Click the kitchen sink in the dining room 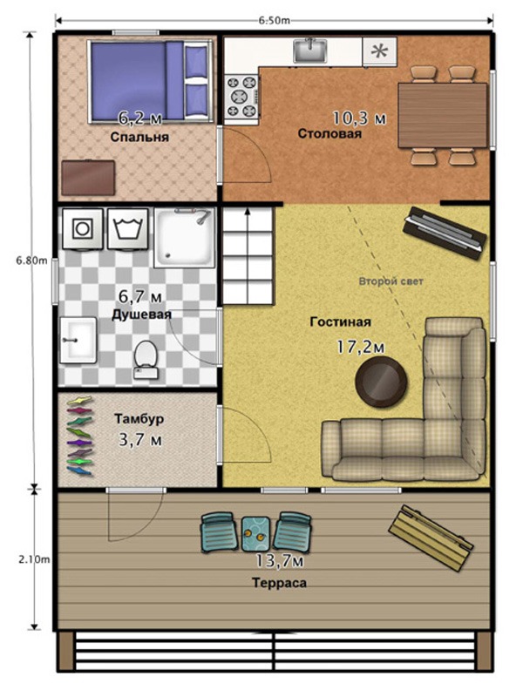(310, 51)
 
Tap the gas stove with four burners (241, 97)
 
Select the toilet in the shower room (146, 360)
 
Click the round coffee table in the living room (381, 382)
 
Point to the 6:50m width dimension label (275, 20)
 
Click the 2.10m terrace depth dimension (34, 559)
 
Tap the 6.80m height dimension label (31, 261)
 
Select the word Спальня (139, 137)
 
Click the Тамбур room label (139, 419)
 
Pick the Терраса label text (279, 583)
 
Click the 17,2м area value (360, 347)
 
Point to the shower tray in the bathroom (185, 238)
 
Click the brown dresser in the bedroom (88, 178)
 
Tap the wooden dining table (442, 115)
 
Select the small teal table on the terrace (255, 533)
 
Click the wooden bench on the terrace (430, 538)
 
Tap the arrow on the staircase (248, 219)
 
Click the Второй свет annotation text (391, 281)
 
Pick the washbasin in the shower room (78, 340)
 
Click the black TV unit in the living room (445, 233)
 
